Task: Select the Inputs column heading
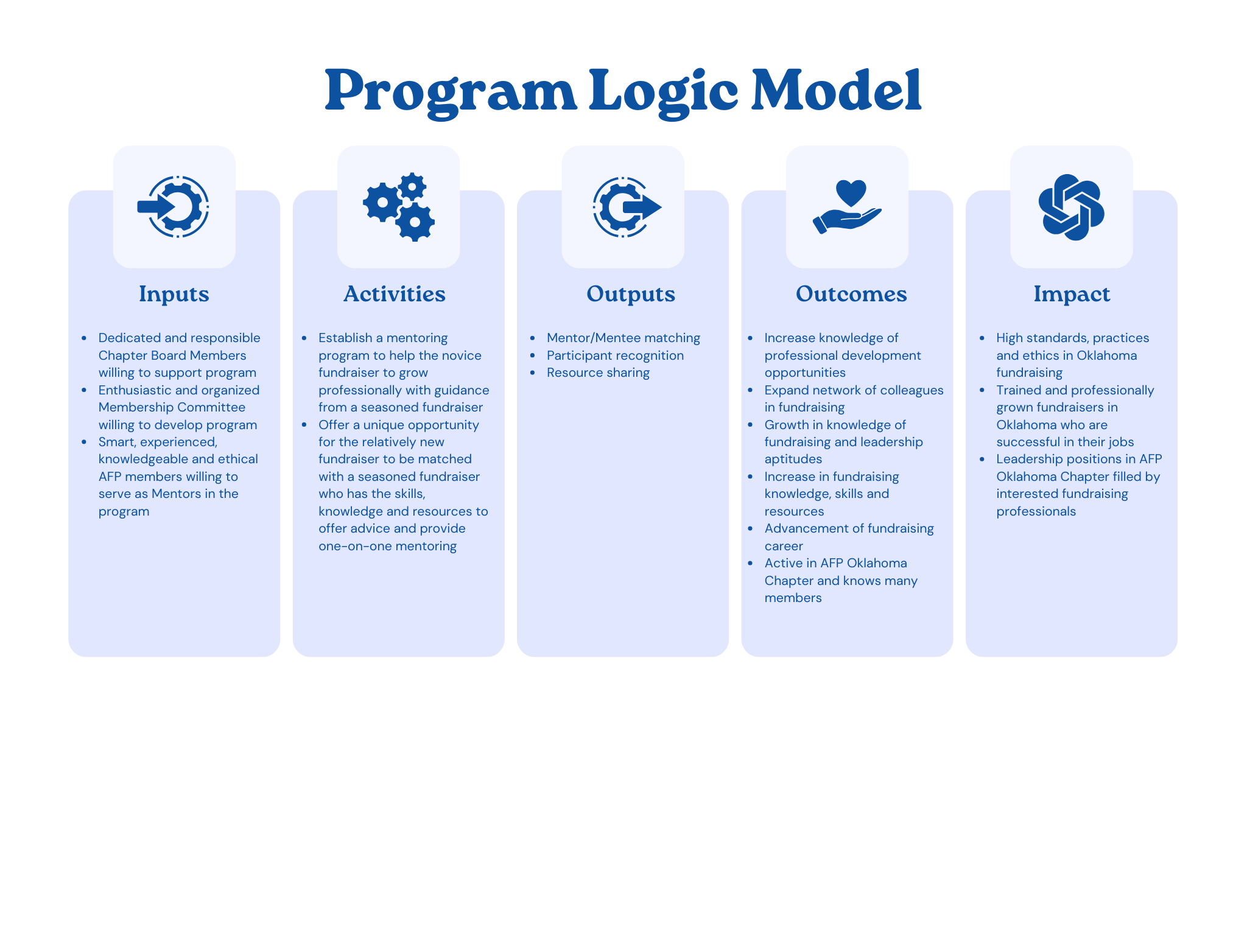click(174, 294)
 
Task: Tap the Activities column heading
click(395, 294)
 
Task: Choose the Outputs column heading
click(631, 294)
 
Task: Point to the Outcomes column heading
click(851, 294)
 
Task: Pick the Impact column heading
click(1072, 294)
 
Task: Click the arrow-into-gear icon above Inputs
click(174, 207)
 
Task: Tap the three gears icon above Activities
click(399, 207)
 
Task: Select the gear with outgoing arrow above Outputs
click(626, 207)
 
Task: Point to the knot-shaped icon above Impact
click(1072, 207)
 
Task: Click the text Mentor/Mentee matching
click(623, 338)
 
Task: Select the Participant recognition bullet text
click(615, 355)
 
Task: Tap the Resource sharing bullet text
click(598, 373)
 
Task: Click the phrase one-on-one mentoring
click(387, 546)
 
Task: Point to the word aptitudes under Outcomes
click(793, 459)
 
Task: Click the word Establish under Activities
click(345, 338)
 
